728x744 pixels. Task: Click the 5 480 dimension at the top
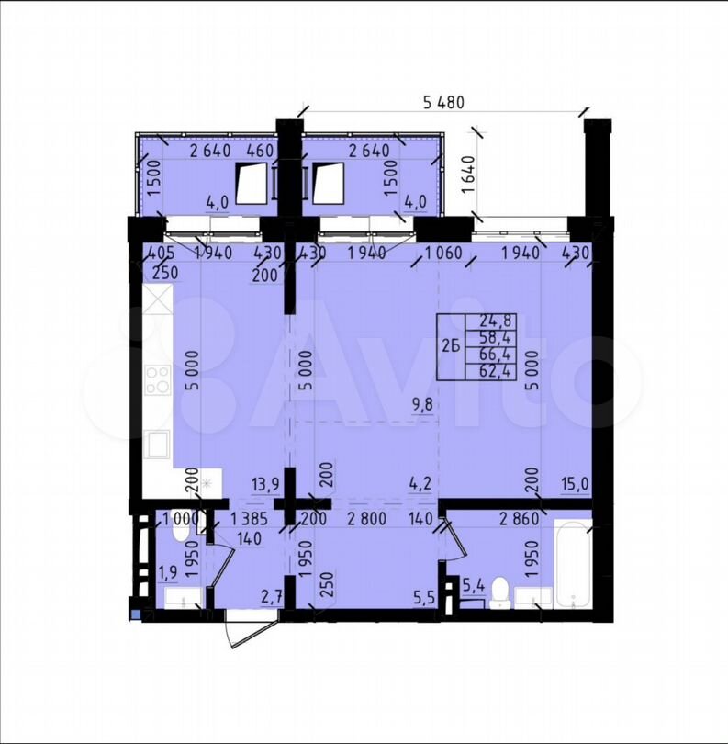coord(443,102)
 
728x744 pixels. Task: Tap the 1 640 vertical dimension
coord(468,174)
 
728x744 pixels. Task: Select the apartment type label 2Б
coord(451,347)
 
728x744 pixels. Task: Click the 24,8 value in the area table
coord(496,321)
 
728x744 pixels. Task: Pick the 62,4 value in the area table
coord(496,370)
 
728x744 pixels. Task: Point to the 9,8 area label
coord(423,406)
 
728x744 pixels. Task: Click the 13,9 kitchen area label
coord(265,484)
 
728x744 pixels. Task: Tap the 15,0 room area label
coord(575,484)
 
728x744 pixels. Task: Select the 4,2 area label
coord(421,484)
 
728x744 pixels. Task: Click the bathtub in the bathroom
coord(574,563)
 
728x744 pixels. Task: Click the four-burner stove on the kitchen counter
coord(158,380)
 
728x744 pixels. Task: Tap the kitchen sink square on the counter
coord(157,444)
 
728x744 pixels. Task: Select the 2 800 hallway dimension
coord(367,519)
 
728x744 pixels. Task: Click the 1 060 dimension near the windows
coord(443,253)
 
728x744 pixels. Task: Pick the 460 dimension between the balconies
coord(261,151)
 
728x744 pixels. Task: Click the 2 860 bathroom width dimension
coord(520,519)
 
